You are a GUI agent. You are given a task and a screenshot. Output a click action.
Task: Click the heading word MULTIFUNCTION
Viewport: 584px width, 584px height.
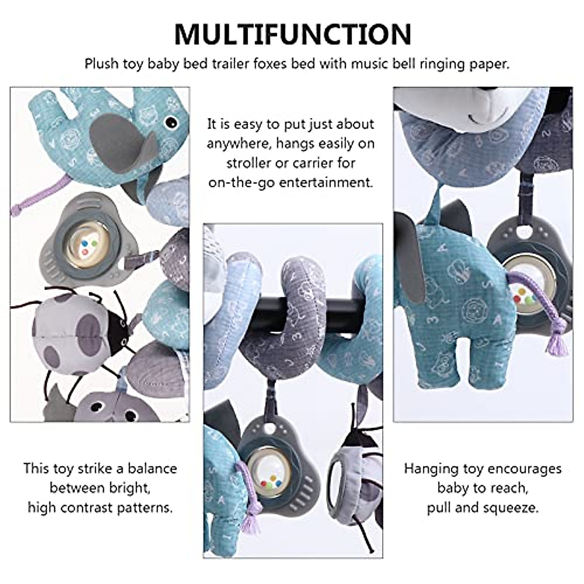(x=292, y=34)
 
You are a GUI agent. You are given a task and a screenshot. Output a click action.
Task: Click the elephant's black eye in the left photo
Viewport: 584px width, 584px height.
(x=170, y=124)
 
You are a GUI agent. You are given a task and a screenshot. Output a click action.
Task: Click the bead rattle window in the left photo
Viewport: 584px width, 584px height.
(x=86, y=243)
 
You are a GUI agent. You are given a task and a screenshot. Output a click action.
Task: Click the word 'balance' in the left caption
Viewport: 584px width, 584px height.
(x=152, y=469)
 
